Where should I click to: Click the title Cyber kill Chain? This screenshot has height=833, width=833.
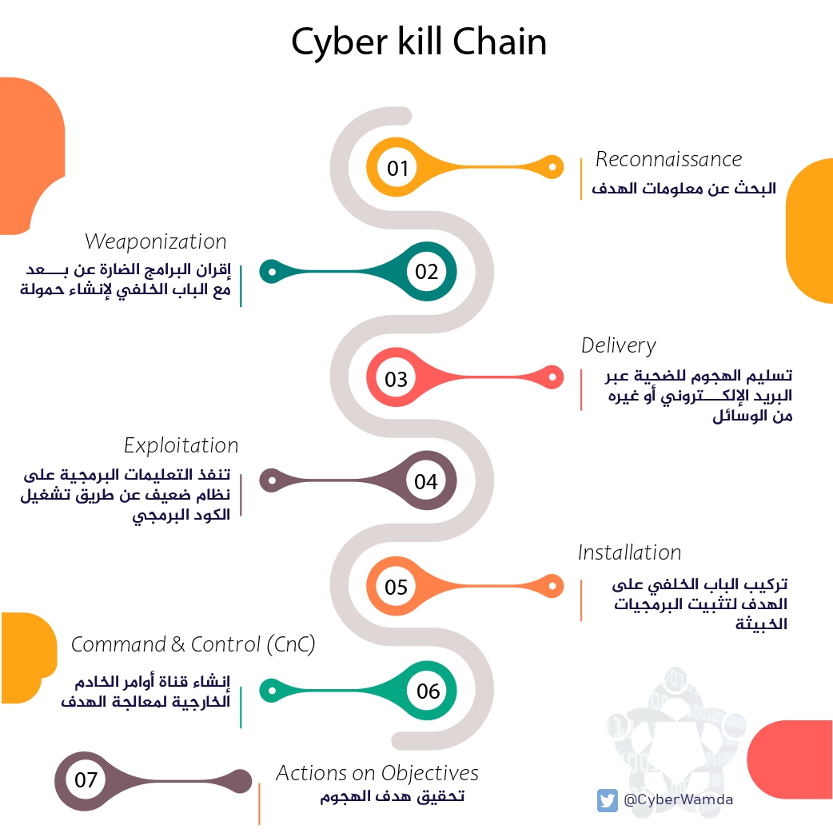tap(418, 42)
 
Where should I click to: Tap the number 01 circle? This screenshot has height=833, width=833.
tap(397, 168)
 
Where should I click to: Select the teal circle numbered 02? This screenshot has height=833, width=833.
tap(426, 272)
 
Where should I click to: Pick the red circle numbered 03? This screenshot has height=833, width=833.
tap(397, 379)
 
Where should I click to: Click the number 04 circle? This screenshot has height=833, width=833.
tap(426, 481)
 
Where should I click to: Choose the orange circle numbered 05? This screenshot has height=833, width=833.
tap(397, 588)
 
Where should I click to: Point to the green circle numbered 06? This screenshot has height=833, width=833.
tap(428, 691)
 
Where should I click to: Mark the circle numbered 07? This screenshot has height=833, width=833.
tap(86, 779)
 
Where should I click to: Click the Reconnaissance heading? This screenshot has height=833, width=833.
tap(668, 159)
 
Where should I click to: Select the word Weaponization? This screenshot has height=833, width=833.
tap(156, 241)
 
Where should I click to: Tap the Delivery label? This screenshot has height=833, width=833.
tap(618, 345)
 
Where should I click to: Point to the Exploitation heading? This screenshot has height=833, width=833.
tap(181, 445)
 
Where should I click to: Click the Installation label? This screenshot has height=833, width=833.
tap(629, 552)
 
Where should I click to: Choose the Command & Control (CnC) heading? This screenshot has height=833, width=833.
tap(193, 644)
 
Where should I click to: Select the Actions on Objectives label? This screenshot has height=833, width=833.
tap(377, 773)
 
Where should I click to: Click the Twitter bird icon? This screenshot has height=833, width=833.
tap(608, 800)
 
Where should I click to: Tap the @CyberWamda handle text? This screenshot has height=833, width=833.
tap(678, 800)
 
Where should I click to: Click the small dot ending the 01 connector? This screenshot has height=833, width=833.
tap(552, 167)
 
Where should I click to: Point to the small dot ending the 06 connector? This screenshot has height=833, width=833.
tap(272, 689)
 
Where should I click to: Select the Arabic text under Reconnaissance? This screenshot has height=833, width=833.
tap(684, 189)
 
